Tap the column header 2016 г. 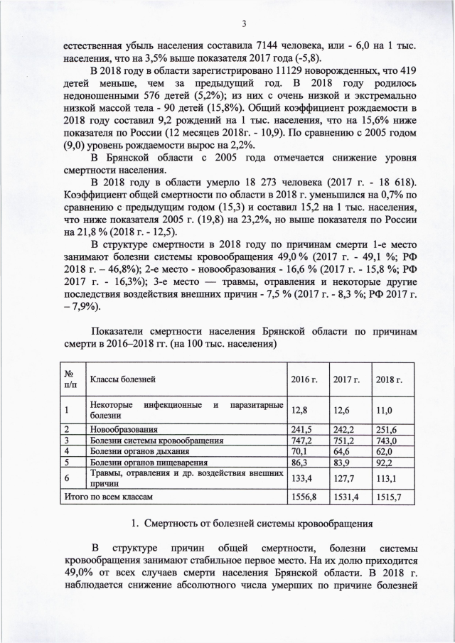coord(304,380)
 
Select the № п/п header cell coord(70,379)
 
